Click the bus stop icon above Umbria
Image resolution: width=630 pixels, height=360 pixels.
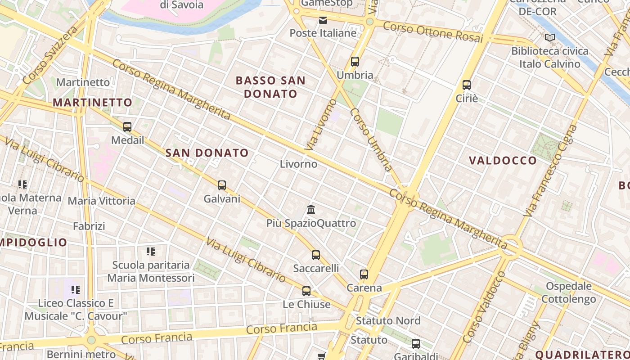pyautogui.click(x=355, y=62)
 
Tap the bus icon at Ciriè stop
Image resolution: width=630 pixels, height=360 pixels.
pyautogui.click(x=467, y=85)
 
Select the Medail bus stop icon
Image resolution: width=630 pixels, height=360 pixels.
pyautogui.click(x=127, y=127)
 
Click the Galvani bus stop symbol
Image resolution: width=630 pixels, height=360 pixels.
pyautogui.click(x=222, y=185)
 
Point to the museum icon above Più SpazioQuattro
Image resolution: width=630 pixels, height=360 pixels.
pyautogui.click(x=311, y=209)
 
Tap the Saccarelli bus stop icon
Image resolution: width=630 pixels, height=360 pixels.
pyautogui.click(x=316, y=255)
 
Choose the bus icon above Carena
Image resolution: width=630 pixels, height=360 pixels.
pyautogui.click(x=364, y=274)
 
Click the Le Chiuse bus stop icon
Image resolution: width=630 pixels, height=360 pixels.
pyautogui.click(x=306, y=291)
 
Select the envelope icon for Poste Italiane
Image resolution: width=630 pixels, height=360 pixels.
pyautogui.click(x=323, y=20)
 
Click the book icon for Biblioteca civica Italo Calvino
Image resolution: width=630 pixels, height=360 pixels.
pyautogui.click(x=549, y=38)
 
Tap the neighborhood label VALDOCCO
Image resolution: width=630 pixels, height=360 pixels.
pyautogui.click(x=503, y=161)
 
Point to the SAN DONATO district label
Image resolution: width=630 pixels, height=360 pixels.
pyautogui.click(x=207, y=153)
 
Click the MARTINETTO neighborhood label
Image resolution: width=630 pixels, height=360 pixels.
pyautogui.click(x=92, y=103)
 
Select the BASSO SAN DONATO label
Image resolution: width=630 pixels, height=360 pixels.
pyautogui.click(x=270, y=87)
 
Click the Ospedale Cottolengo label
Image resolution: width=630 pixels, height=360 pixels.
pyautogui.click(x=568, y=292)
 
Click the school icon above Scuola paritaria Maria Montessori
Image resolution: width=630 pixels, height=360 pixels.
pyautogui.click(x=151, y=251)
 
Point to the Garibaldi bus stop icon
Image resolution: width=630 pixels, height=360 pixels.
pyautogui.click(x=416, y=344)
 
